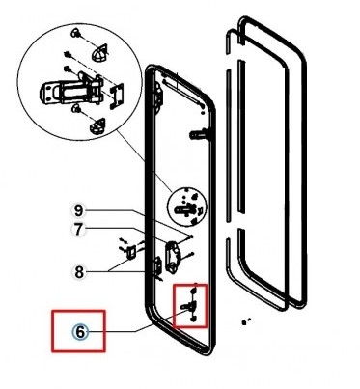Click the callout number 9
coord(78,210)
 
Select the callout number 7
coord(78,230)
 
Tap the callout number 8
coord(78,272)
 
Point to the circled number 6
coord(80,332)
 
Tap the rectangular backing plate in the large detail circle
coord(116,96)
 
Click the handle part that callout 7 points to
coord(173,257)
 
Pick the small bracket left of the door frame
coord(131,251)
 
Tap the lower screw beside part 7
coord(187,257)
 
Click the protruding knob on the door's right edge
coord(200,133)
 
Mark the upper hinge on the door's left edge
coord(159,95)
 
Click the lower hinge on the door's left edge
coord(158,266)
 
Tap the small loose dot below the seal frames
coord(245,321)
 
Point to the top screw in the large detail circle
coord(77,33)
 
